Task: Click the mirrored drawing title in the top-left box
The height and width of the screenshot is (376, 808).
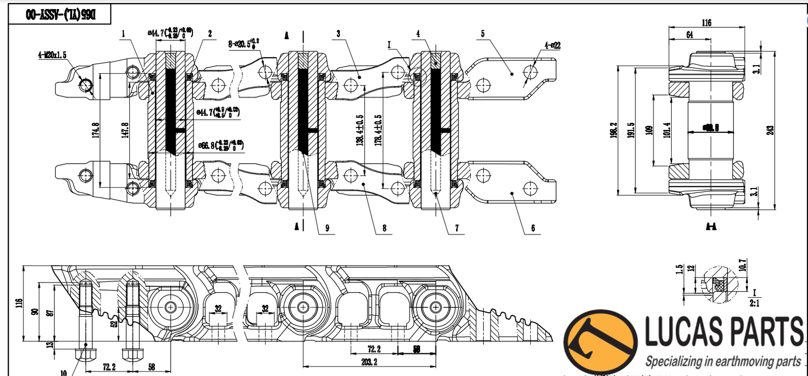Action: click(x=60, y=15)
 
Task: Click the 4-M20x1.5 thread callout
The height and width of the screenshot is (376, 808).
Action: click(x=52, y=55)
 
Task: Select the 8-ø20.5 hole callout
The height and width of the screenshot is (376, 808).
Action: click(x=244, y=43)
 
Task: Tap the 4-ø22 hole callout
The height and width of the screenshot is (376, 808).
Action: click(x=552, y=45)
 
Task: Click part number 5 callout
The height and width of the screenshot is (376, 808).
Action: click(x=482, y=34)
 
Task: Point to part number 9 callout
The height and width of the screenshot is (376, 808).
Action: click(x=327, y=228)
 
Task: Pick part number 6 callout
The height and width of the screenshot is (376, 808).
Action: click(x=533, y=228)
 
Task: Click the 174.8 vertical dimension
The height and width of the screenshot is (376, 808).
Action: click(x=95, y=129)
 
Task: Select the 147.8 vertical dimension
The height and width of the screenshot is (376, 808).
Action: click(x=125, y=129)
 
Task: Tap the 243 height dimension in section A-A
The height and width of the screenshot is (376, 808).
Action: click(x=770, y=129)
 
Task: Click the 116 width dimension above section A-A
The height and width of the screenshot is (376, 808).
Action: click(x=706, y=23)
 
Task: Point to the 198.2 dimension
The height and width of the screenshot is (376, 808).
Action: click(x=613, y=130)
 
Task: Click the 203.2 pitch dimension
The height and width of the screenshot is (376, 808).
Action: click(x=369, y=362)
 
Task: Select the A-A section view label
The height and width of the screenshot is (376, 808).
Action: click(x=711, y=226)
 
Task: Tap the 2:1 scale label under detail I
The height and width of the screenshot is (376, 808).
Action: click(x=754, y=303)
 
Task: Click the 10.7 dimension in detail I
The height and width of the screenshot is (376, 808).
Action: click(x=742, y=265)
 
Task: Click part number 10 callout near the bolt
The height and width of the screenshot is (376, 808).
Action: click(x=64, y=372)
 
